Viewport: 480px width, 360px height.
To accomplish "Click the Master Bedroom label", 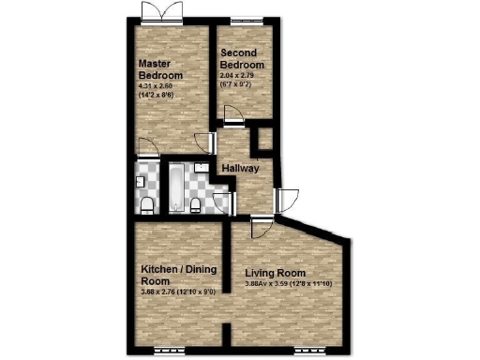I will point(159,69).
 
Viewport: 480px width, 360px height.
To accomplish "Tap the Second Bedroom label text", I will point(242,59).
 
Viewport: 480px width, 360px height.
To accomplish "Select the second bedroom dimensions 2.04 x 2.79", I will point(240,74).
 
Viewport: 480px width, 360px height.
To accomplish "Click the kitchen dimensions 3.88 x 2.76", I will point(179,292).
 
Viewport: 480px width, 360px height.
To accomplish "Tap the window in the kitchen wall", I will point(170,350).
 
